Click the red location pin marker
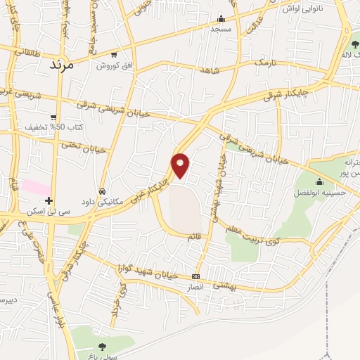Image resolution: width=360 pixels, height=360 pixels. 181,165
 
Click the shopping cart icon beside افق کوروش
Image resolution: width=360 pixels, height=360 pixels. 114,55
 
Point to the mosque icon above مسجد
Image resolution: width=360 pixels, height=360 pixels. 221,19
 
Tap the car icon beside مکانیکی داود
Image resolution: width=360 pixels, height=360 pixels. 102,191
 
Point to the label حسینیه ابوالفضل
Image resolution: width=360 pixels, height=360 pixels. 321,192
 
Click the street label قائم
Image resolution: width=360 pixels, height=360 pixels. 194,238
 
